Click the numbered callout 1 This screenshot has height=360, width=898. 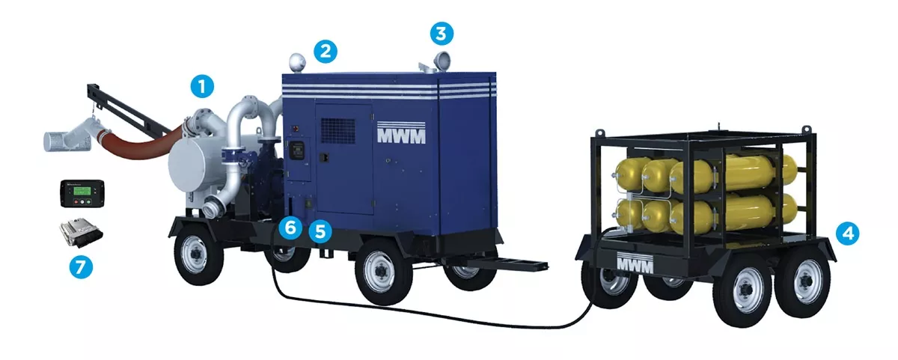click(x=202, y=86)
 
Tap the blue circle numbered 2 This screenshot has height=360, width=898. click(x=325, y=52)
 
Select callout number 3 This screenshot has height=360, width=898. click(x=442, y=33)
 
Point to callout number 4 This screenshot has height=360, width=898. click(x=847, y=234)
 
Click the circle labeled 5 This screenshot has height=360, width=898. click(x=320, y=231)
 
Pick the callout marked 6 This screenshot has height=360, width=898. click(x=290, y=228)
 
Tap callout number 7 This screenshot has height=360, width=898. click(x=81, y=267)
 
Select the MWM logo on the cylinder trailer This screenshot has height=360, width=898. click(x=635, y=262)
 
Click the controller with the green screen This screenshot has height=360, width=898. click(x=82, y=193)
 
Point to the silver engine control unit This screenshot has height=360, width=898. click(x=81, y=232)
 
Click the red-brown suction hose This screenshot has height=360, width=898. click(x=141, y=142)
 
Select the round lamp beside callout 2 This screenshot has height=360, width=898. click(x=297, y=63)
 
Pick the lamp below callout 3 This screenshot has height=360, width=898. click(x=441, y=62)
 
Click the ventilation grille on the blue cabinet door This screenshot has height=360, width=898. click(x=338, y=130)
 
